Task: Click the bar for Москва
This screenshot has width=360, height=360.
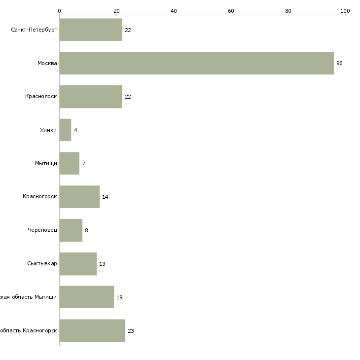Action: pos(196,63)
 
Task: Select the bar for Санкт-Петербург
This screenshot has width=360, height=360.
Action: pos(91,30)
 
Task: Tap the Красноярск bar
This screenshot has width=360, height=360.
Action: pos(91,97)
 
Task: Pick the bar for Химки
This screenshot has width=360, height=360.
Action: pos(65,130)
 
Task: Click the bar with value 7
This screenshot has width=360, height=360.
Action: pos(70,163)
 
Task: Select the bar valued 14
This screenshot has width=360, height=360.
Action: pos(79,197)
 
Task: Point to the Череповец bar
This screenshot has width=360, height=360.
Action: pos(71,230)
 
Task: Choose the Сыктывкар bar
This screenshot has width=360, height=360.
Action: pos(78,264)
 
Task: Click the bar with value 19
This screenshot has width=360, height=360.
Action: pos(86,297)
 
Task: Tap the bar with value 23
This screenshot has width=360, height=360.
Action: pos(92,330)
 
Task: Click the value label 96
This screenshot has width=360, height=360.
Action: pos(339,64)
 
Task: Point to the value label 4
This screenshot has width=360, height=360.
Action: pos(75,130)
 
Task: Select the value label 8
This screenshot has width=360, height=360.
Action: pos(86,230)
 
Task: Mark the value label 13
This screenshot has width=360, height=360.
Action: pos(102,264)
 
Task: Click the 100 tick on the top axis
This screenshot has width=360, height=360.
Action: pos(345,10)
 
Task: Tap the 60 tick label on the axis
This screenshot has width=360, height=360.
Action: pos(231,10)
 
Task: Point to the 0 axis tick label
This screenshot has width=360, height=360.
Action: pos(59,10)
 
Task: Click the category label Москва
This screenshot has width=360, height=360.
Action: pos(47,64)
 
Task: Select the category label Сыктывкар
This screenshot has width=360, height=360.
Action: pos(42,264)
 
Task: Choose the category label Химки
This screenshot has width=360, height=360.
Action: pos(48,130)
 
